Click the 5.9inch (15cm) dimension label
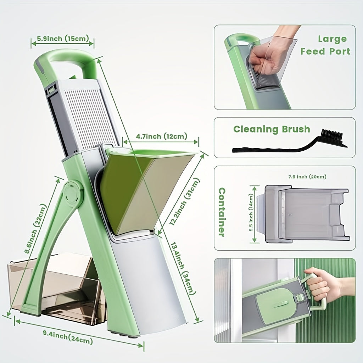tap(63, 38)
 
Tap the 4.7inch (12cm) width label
tap(161, 136)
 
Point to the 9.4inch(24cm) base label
tap(68, 338)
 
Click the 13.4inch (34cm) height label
tap(183, 268)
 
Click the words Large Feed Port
tap(325, 45)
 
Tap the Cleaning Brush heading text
tap(272, 129)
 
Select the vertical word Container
tap(222, 212)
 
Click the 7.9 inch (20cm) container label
tap(307, 177)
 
